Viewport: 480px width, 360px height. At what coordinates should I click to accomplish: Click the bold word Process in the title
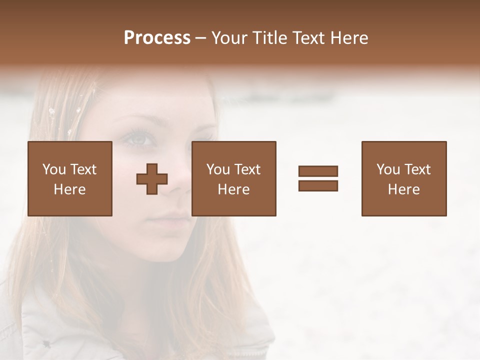pyautogui.click(x=157, y=38)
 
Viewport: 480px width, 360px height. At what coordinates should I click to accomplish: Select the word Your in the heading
pyautogui.click(x=229, y=38)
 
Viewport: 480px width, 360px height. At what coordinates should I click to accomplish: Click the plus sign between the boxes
pyautogui.click(x=152, y=179)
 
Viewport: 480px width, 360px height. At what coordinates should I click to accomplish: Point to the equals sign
pyautogui.click(x=318, y=178)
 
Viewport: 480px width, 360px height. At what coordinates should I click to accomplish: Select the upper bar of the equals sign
pyautogui.click(x=318, y=171)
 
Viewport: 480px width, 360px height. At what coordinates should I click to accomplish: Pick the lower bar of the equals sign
pyautogui.click(x=318, y=185)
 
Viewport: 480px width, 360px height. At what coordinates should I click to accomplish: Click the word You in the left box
pyautogui.click(x=54, y=169)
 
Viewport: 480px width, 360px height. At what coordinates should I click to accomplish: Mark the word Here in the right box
pyautogui.click(x=403, y=189)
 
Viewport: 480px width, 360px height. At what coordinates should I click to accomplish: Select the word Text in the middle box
pyautogui.click(x=247, y=169)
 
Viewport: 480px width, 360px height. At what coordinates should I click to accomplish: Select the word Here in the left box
pyautogui.click(x=69, y=189)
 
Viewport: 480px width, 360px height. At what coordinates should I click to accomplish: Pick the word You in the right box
pyautogui.click(x=388, y=169)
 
